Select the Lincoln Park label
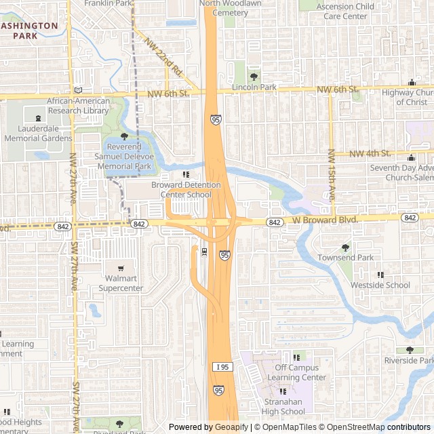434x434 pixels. coord(254,87)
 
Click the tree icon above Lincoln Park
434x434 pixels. coord(254,77)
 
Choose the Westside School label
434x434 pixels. coord(380,285)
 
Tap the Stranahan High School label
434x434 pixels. coord(283,406)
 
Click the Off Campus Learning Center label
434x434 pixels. coord(296,373)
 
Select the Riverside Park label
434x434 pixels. coord(409,360)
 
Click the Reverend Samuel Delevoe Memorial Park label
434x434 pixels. coord(123,157)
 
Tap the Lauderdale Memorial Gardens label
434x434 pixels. coord(38,134)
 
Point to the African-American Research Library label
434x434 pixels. coord(78,106)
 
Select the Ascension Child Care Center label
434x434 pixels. coord(345,11)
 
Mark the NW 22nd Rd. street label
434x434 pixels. coord(163,56)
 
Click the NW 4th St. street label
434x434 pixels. coord(370,154)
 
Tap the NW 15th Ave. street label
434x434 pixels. coord(332,175)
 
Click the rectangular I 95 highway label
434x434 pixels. coord(222,366)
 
